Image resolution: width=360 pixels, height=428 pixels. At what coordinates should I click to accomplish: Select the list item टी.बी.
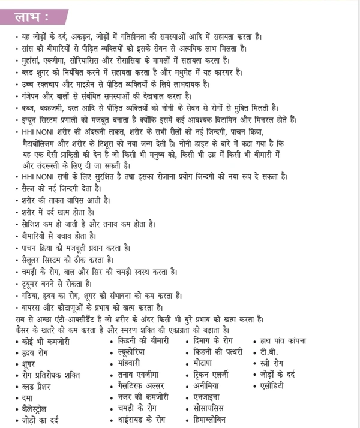point(265,352)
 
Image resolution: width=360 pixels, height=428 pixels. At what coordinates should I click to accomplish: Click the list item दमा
point(28,397)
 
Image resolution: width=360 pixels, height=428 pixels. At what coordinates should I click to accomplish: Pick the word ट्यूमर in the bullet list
point(31,282)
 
